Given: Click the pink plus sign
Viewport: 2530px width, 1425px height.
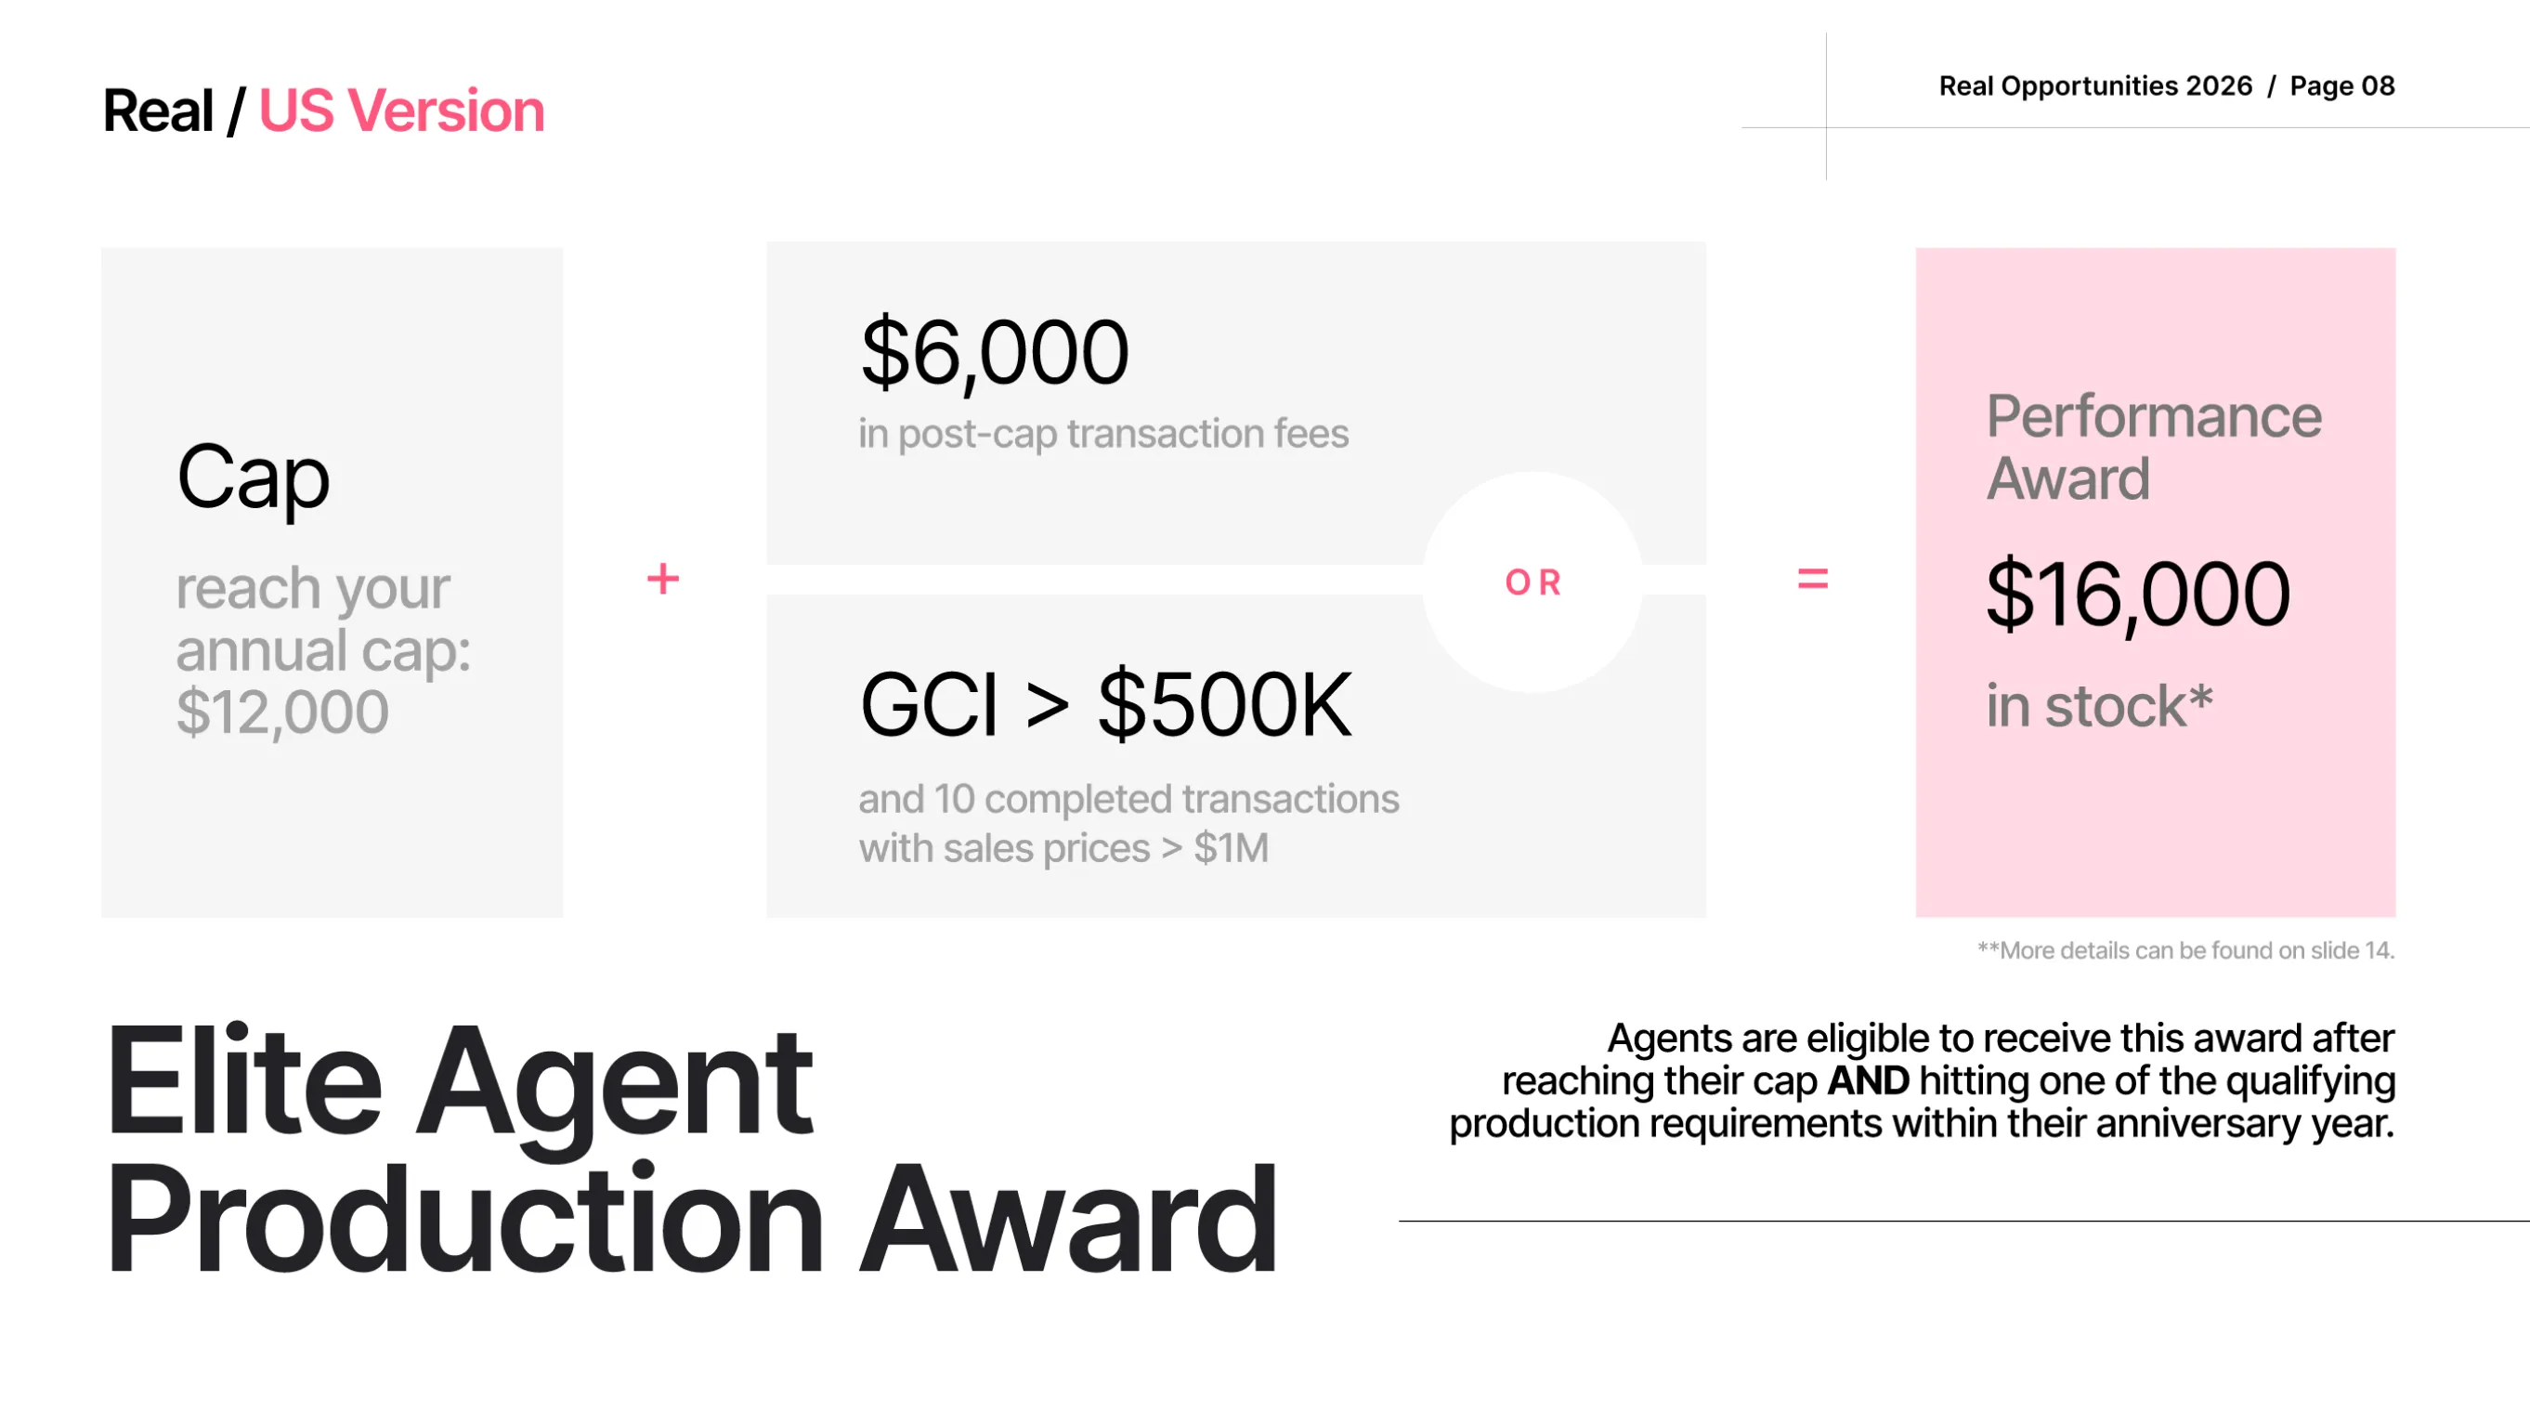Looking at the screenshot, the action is (x=663, y=580).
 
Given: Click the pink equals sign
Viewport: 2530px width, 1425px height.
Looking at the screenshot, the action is (x=1812, y=580).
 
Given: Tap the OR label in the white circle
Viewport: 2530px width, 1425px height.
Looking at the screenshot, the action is (x=1533, y=583).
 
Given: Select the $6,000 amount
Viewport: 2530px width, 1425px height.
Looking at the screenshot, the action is (x=995, y=353).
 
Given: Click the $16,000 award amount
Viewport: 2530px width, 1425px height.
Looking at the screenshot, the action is (x=2138, y=595).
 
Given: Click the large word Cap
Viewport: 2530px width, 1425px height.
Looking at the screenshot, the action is (x=254, y=477).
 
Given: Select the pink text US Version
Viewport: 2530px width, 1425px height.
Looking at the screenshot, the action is (x=401, y=110).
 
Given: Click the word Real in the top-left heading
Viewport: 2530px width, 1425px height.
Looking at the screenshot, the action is (x=158, y=110).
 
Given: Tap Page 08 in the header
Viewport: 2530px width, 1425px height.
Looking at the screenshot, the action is (x=2342, y=86).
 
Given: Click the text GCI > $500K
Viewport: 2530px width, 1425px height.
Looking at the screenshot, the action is (x=1106, y=704).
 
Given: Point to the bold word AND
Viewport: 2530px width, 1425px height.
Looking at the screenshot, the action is (x=1868, y=1081).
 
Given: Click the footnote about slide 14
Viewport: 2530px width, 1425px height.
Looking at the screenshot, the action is (x=2186, y=951).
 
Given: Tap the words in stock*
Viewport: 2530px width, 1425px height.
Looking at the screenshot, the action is (x=2100, y=706).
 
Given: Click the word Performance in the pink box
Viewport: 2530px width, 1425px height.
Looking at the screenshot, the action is (x=2154, y=416).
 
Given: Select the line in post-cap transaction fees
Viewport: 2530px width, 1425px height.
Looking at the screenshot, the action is (x=1104, y=434).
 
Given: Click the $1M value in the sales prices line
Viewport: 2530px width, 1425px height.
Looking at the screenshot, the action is (x=1232, y=848).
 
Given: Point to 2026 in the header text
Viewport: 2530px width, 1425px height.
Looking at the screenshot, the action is (x=2219, y=86).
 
